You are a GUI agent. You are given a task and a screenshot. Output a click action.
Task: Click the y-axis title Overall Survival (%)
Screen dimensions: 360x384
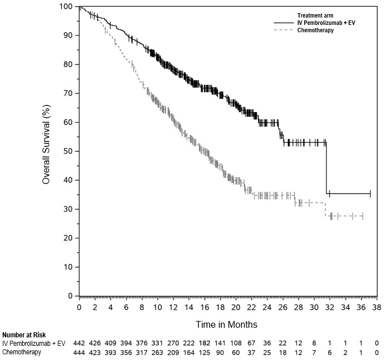click(47, 151)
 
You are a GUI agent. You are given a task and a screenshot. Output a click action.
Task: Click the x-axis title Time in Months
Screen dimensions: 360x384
click(227, 325)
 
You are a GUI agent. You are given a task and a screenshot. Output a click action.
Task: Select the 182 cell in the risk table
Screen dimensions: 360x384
click(204, 343)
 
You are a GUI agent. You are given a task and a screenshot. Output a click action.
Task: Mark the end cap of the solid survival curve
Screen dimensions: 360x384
click(370, 194)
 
